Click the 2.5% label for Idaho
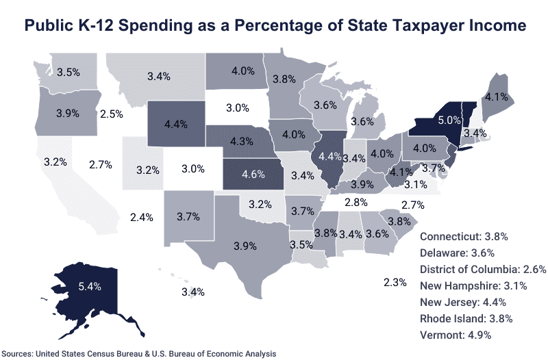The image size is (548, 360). pos(111,113)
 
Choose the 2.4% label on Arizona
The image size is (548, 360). pos(141,218)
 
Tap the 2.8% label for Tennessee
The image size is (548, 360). pos(357,203)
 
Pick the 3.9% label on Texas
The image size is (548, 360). pos(245,246)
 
